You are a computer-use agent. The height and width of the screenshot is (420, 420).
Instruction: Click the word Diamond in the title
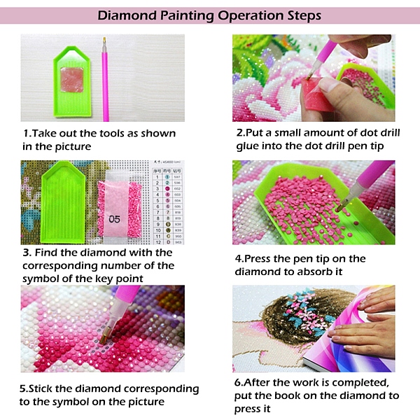tap(127, 15)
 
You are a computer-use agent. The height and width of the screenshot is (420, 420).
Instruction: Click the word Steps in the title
tap(304, 16)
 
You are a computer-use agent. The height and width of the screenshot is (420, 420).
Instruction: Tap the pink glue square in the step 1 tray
tap(72, 80)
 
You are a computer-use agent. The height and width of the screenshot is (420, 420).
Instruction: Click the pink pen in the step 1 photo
tap(105, 79)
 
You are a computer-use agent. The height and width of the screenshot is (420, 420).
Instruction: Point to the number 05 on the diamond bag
tap(114, 219)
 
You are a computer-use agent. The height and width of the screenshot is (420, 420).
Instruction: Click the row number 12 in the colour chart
tap(159, 242)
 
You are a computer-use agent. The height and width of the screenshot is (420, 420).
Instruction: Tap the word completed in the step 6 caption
tap(360, 383)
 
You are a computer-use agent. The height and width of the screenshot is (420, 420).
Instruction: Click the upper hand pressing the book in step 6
tap(378, 299)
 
